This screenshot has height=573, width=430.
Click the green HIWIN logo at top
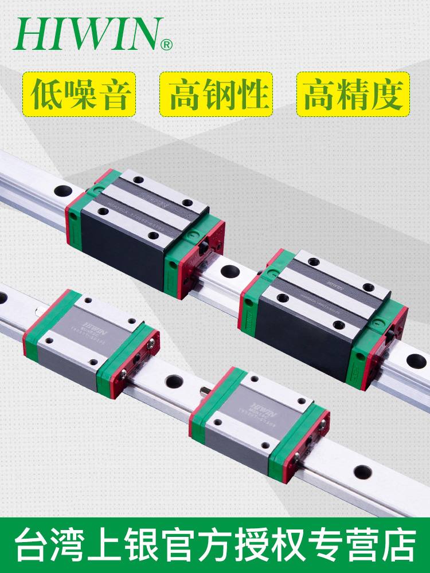(86, 34)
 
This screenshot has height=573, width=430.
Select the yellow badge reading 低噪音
(79, 94)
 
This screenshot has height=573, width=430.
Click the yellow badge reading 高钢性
(216, 94)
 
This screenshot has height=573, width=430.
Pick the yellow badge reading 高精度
(353, 94)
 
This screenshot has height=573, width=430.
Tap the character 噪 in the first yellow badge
(79, 94)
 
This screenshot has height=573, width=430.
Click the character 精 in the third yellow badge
(353, 94)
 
